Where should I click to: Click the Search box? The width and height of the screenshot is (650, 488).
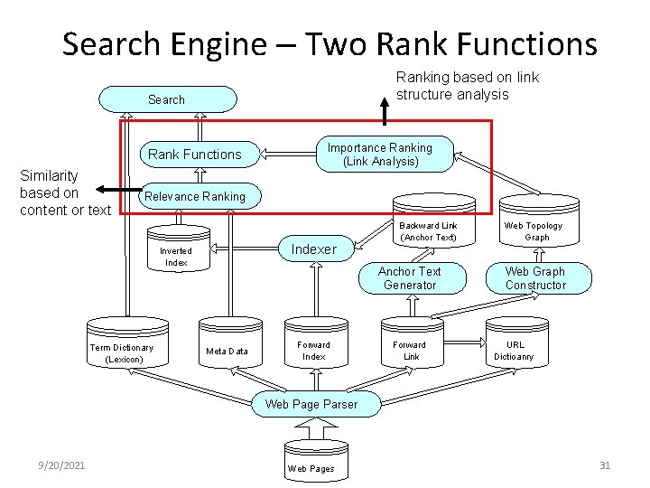167,99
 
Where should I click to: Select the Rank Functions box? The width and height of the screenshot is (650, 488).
195,155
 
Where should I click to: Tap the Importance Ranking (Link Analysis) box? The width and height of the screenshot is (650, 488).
380,155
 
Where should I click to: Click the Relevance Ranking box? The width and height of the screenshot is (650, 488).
195,196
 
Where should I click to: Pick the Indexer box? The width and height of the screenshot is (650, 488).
313,249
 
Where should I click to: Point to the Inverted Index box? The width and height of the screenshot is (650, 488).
176,257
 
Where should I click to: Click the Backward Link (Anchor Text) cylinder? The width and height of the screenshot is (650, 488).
429,228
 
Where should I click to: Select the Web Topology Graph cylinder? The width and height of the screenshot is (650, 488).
533,228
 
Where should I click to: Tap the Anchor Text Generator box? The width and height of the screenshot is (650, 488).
409,278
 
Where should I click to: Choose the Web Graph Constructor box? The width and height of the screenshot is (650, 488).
535,278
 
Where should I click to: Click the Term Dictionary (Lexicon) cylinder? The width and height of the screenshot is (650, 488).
122,351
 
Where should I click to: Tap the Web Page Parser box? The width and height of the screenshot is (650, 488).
311,404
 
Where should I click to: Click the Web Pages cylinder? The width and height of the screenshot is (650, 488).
311,464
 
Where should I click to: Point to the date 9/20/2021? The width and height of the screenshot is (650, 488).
63,465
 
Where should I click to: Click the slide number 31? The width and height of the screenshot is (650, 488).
605,465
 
